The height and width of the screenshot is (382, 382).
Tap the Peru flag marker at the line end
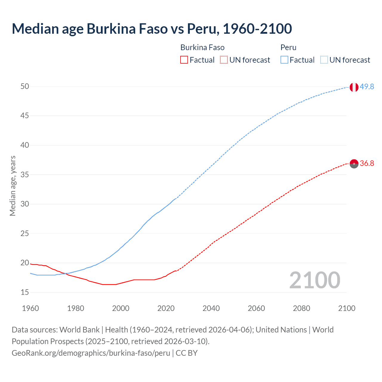click(354, 87)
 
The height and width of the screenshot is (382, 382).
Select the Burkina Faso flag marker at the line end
click(354, 164)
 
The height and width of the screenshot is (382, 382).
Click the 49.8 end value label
click(367, 87)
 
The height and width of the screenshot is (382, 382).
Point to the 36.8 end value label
click(367, 163)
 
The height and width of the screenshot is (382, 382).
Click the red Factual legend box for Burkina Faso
click(184, 60)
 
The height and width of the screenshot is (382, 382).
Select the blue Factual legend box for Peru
click(284, 60)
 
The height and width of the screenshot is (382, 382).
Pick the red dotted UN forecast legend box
click(224, 60)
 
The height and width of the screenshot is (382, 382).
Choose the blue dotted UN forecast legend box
click(324, 60)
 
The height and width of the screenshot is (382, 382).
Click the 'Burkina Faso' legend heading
click(202, 47)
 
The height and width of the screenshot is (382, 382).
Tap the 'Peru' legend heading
click(288, 47)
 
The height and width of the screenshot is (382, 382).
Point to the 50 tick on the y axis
click(25, 87)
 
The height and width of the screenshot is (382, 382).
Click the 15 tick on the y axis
click(25, 292)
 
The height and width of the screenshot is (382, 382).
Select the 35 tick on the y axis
click(25, 175)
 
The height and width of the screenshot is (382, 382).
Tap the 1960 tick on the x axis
click(30, 308)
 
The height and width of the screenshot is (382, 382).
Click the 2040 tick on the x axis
click(211, 308)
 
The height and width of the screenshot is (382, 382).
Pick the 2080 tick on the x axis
click(301, 308)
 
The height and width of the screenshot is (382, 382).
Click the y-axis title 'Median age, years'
click(13, 186)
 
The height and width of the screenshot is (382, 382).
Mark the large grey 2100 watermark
click(315, 280)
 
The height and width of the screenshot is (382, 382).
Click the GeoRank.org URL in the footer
click(91, 353)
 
